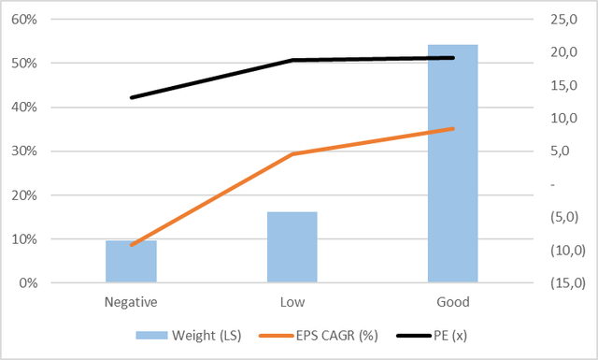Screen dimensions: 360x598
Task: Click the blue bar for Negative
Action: click(x=131, y=262)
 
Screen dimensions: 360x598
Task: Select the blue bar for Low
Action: click(x=292, y=247)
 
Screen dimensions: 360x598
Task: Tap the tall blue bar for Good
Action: click(x=453, y=164)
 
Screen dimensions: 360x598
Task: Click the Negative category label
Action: click(x=131, y=302)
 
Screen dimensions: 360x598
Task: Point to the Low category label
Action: click(x=292, y=302)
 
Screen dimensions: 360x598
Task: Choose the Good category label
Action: click(x=453, y=302)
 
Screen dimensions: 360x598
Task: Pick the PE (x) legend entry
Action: click(x=429, y=335)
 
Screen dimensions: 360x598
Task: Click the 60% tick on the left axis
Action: click(x=49, y=20)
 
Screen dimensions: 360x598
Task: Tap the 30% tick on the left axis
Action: click(x=49, y=151)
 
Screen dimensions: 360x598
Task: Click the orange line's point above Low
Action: click(x=292, y=154)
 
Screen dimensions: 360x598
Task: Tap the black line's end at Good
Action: click(x=453, y=58)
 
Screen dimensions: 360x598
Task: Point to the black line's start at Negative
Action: click(x=131, y=97)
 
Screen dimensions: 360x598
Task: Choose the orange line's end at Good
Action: click(x=453, y=128)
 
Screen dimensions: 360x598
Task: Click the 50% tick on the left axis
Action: click(x=49, y=64)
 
